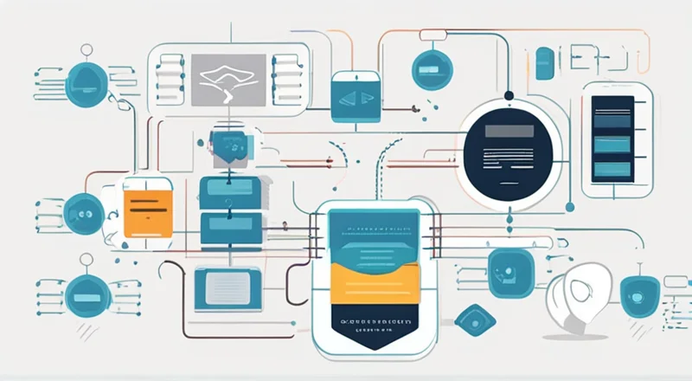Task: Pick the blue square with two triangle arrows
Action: pyautogui.click(x=355, y=97)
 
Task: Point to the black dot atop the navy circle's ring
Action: pyautogui.click(x=509, y=94)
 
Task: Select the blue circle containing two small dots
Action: pyautogui.click(x=85, y=209)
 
